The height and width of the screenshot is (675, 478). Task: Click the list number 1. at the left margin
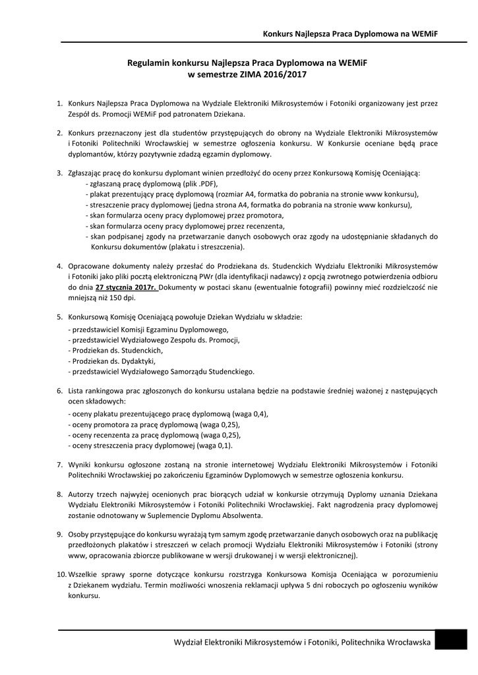coord(59,103)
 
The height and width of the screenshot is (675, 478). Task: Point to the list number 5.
coord(59,317)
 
